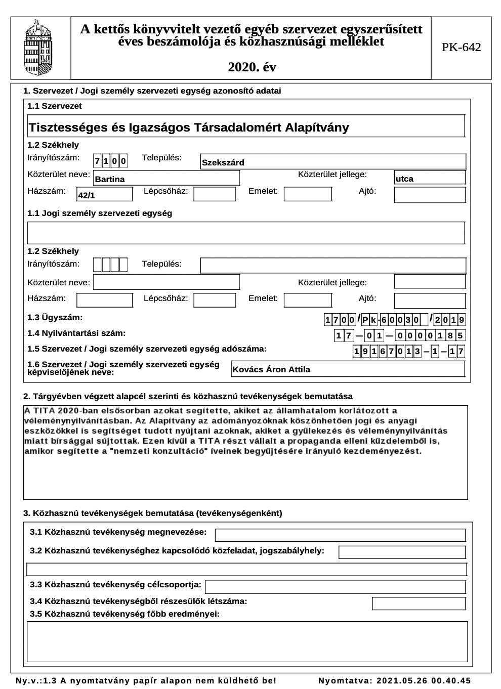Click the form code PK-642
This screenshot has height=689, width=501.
pyautogui.click(x=461, y=48)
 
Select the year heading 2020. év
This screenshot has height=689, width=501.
pyautogui.click(x=252, y=67)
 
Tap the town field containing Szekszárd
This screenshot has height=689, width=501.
pyautogui.click(x=333, y=162)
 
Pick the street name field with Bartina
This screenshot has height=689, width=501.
pyautogui.click(x=166, y=179)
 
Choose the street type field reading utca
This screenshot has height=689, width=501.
pyautogui.click(x=430, y=178)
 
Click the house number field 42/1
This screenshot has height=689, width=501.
pyautogui.click(x=104, y=195)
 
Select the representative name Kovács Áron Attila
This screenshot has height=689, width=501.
pyautogui.click(x=348, y=369)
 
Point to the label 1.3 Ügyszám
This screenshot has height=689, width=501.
pyautogui.click(x=55, y=318)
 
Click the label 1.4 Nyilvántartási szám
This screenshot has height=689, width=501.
pyautogui.click(x=76, y=333)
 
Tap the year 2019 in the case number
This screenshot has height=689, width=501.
pyautogui.click(x=449, y=320)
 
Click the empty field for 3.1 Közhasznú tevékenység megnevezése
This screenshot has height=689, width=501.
pyautogui.click(x=340, y=535)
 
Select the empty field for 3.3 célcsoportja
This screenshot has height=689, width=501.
pyautogui.click(x=335, y=587)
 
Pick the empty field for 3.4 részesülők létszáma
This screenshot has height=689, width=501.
pyautogui.click(x=419, y=604)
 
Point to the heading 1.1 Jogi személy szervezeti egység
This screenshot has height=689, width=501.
pyautogui.click(x=100, y=213)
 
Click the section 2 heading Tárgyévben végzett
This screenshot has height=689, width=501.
pyautogui.click(x=188, y=396)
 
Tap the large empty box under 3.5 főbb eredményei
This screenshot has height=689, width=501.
pyautogui.click(x=247, y=641)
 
